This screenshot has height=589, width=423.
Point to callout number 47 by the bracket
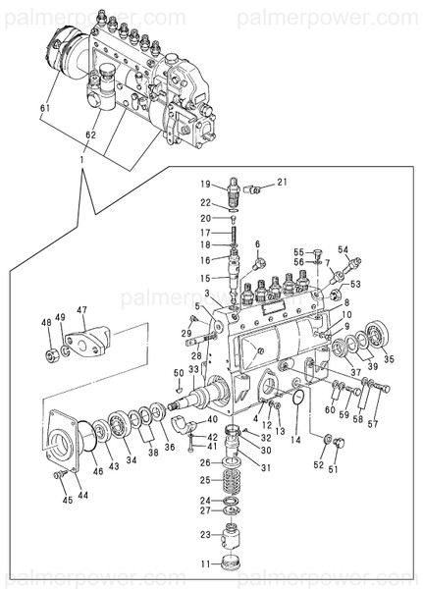tap(83, 310)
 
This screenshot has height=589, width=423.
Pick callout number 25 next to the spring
tap(204, 481)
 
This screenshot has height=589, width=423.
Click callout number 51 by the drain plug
tap(332, 470)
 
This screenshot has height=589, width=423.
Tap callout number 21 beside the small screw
tap(281, 183)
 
